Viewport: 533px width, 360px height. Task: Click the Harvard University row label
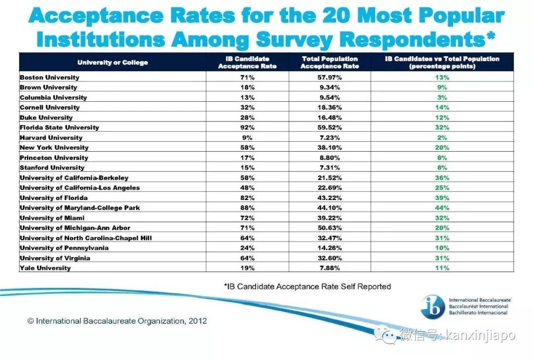click(x=51, y=138)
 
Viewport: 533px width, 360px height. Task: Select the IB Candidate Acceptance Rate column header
click(x=247, y=63)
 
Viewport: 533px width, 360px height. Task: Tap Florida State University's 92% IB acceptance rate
click(x=247, y=127)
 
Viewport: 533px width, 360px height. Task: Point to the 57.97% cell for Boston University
click(x=330, y=78)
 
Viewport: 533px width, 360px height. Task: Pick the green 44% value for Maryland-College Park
click(x=442, y=208)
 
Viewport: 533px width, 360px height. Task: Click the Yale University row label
click(x=45, y=268)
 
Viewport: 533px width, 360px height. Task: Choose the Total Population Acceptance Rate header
click(x=330, y=63)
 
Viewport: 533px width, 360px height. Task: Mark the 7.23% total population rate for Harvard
click(x=330, y=138)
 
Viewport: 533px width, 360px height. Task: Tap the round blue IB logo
click(x=433, y=306)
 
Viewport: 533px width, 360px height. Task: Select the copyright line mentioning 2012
click(x=117, y=321)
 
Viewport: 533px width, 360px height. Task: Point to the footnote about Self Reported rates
click(x=307, y=286)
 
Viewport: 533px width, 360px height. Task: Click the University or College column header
click(x=113, y=63)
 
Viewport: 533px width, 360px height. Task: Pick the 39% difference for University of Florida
click(x=442, y=198)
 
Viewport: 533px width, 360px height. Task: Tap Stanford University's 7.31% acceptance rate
click(x=330, y=168)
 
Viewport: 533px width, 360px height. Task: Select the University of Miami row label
click(x=52, y=218)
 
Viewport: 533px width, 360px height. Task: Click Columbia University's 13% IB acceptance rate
click(x=247, y=98)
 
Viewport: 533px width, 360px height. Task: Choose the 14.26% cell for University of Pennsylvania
click(x=330, y=248)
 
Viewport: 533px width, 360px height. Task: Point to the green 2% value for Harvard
click(x=442, y=138)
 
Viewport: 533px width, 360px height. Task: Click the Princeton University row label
click(x=54, y=158)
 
